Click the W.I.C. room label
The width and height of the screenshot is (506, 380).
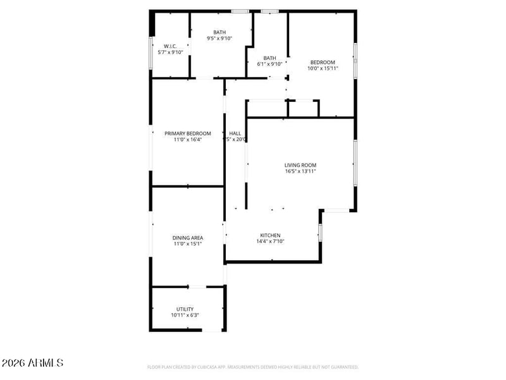click(x=170, y=46)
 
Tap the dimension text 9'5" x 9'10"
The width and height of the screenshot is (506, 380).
click(x=219, y=39)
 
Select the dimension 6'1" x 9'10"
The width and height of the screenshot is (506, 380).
click(x=269, y=64)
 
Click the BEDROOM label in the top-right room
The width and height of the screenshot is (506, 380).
click(x=322, y=62)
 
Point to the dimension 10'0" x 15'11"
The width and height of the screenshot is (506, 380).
click(x=323, y=68)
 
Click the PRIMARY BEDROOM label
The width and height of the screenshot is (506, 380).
click(x=187, y=134)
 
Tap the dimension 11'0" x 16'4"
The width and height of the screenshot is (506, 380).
click(x=187, y=140)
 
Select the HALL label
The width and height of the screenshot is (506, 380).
click(x=235, y=134)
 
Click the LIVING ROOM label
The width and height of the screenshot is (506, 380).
click(x=300, y=165)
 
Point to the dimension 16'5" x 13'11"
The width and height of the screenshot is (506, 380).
click(x=300, y=172)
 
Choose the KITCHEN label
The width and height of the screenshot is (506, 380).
click(x=270, y=235)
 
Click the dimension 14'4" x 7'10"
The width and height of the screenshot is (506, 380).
click(x=270, y=241)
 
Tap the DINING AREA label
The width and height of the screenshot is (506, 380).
click(x=188, y=238)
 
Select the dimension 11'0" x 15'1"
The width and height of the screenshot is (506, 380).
click(x=188, y=244)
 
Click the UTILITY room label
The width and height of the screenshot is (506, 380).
click(x=185, y=309)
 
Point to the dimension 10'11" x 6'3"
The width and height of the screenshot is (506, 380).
click(x=185, y=315)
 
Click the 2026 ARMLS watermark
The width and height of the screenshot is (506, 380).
click(x=32, y=364)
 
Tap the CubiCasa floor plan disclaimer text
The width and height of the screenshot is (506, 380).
click(x=253, y=367)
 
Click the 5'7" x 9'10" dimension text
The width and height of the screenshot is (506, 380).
click(x=170, y=52)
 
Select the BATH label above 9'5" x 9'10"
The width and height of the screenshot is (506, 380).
click(x=219, y=32)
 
